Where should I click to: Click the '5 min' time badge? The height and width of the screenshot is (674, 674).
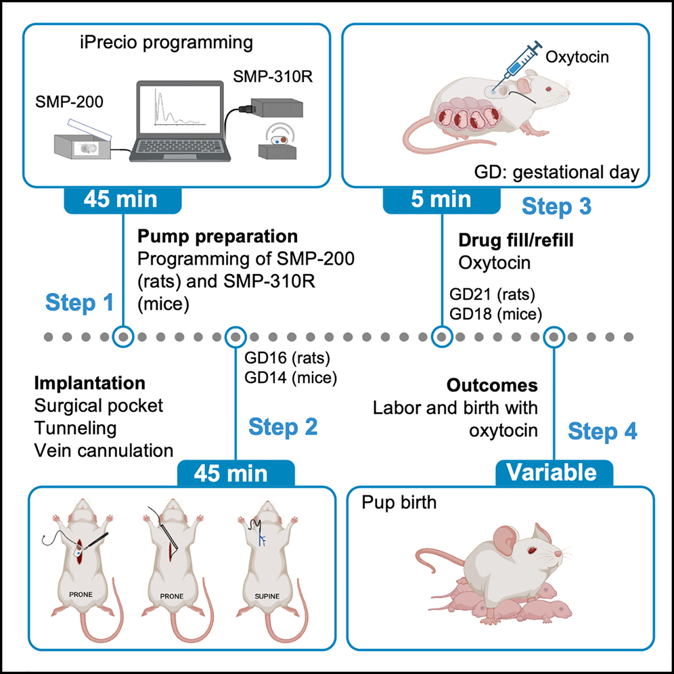pyautogui.click(x=442, y=198)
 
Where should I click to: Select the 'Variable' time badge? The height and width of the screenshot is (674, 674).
pyautogui.click(x=554, y=472)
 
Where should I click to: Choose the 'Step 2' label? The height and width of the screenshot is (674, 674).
pyautogui.click(x=283, y=426)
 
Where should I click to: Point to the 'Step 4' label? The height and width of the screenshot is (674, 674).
pyautogui.click(x=602, y=431)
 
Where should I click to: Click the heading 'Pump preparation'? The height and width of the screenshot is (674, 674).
pyautogui.click(x=217, y=237)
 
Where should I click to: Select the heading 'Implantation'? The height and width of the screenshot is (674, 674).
pyautogui.click(x=90, y=384)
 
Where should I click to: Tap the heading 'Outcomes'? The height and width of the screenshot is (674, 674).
pyautogui.click(x=492, y=386)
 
